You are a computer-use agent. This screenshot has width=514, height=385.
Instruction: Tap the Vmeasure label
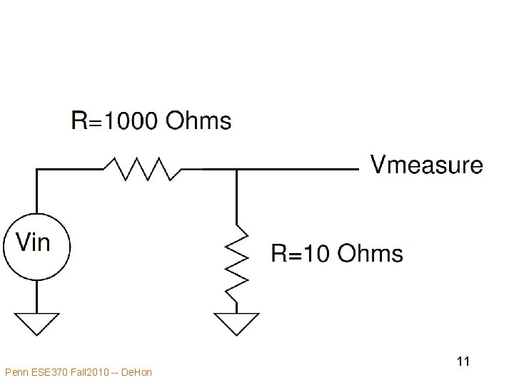tap(426, 165)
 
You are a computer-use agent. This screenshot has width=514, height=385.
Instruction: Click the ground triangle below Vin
tap(37, 323)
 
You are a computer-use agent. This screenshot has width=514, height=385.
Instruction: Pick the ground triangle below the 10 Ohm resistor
tap(236, 323)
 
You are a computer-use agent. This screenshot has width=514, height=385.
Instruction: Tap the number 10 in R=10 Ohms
tap(319, 253)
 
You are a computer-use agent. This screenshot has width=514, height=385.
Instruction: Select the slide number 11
tap(463, 362)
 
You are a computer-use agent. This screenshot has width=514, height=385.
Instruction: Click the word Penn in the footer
tap(15, 372)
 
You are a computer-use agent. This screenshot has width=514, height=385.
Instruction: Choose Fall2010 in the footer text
tap(87, 372)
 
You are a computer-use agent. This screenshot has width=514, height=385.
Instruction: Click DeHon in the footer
tap(137, 372)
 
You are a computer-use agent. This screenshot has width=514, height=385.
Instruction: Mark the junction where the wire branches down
tap(236, 170)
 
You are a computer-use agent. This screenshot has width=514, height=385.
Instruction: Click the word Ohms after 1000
tap(198, 121)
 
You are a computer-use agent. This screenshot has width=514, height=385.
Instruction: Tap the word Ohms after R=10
tap(370, 253)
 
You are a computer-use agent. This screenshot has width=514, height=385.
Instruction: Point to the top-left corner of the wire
tap(37, 170)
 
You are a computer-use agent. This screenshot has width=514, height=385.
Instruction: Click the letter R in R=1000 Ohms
tap(79, 121)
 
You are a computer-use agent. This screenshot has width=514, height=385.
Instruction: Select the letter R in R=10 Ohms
tap(279, 253)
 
